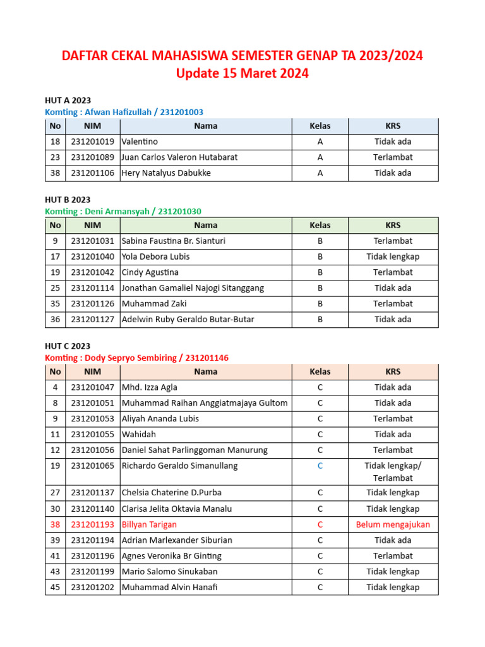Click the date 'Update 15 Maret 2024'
[242, 73]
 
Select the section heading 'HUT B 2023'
[68, 200]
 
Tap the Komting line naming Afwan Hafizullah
[124, 112]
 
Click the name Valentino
[140, 142]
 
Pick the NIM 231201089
[93, 157]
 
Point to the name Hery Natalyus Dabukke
[166, 173]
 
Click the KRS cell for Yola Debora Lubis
[393, 257]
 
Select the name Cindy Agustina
[150, 272]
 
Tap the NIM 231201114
[93, 288]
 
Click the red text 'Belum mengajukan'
[393, 524]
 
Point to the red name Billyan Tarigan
[149, 524]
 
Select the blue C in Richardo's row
[320, 466]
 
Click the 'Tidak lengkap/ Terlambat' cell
[393, 472]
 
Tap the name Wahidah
[139, 435]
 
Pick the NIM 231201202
[93, 587]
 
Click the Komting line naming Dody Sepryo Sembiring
[136, 358]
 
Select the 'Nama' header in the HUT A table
[206, 126]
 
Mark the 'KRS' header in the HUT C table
[393, 372]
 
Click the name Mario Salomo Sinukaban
[169, 572]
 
